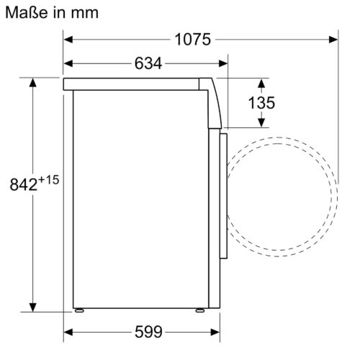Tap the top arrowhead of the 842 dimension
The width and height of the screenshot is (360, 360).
point(34,84)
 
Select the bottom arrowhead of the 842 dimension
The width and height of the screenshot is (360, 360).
point(34,304)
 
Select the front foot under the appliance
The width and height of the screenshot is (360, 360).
point(197,311)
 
